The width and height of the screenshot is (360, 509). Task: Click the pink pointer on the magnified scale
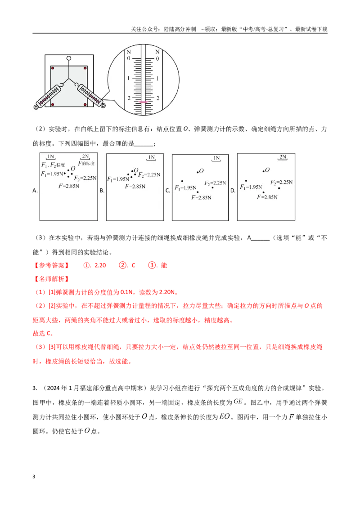point(143,102)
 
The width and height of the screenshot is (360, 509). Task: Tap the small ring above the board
point(68,58)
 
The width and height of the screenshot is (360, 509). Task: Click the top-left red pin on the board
point(53,68)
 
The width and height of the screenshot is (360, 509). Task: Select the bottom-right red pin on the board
point(85,104)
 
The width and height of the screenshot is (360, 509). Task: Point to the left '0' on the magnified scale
point(129,58)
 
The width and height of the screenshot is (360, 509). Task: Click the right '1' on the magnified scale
point(157,79)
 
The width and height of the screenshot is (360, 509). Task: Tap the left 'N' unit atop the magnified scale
point(129,52)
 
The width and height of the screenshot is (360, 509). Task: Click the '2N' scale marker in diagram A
point(85,157)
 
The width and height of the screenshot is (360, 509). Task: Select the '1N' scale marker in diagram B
point(151,157)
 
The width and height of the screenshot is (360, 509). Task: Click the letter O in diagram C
point(202,171)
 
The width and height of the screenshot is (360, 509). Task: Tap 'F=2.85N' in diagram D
point(267,197)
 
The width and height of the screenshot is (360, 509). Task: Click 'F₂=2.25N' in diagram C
point(215,183)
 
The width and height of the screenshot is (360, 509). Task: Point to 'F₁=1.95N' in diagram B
point(118,179)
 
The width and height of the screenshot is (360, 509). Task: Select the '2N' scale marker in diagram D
point(283,157)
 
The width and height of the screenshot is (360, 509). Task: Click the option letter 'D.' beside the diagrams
point(233,191)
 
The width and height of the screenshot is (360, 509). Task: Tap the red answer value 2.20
point(100,266)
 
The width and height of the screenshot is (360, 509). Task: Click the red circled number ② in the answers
point(122,266)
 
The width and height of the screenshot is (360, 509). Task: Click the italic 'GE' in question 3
point(238,402)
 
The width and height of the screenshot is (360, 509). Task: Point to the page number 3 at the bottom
point(34,477)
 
